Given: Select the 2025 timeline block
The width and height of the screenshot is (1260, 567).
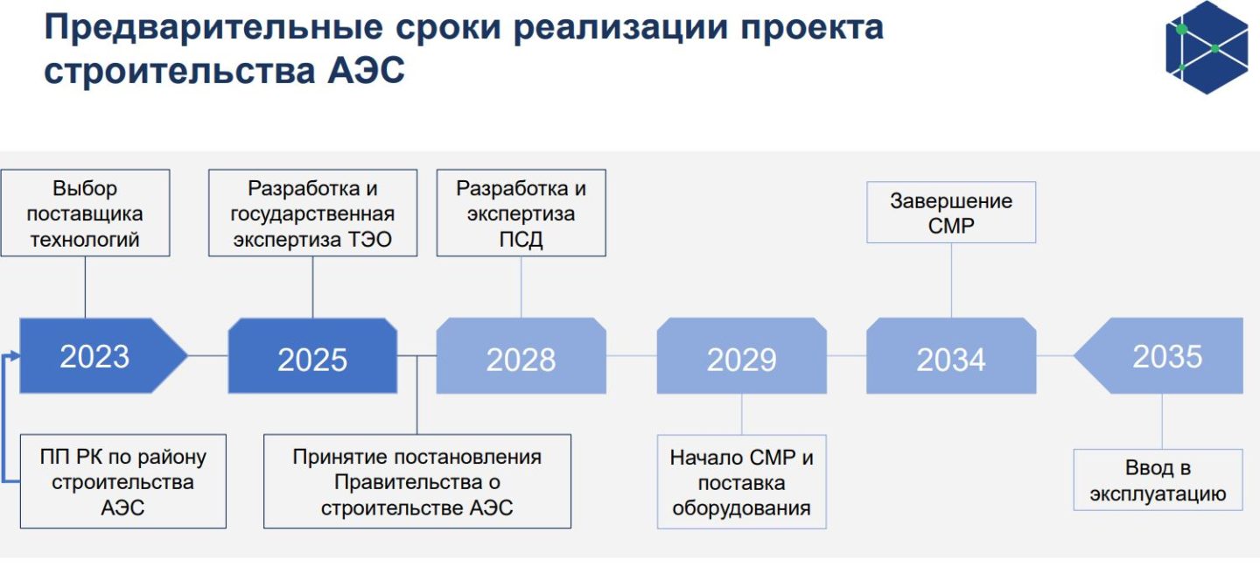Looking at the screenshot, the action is click(312, 355).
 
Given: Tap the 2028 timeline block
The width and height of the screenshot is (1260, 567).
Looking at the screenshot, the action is click(521, 355).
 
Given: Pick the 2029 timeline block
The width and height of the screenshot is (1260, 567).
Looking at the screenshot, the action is click(742, 355).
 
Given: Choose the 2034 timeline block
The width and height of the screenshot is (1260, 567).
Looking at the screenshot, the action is click(951, 355).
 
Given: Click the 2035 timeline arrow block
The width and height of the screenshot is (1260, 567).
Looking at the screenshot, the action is click(1158, 355).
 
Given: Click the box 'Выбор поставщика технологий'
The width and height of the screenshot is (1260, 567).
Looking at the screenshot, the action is click(86, 213).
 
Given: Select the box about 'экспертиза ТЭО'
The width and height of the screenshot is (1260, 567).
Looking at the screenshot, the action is click(312, 213).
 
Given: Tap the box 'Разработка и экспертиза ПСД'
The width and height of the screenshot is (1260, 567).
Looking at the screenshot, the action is click(521, 213).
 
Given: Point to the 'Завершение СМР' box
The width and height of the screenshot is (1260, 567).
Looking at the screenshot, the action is click(951, 213).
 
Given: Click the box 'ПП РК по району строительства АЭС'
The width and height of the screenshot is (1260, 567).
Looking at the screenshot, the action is click(123, 481).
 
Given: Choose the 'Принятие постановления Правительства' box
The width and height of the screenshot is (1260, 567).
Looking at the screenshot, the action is click(417, 481).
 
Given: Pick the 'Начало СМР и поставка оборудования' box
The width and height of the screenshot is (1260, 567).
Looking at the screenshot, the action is click(742, 482).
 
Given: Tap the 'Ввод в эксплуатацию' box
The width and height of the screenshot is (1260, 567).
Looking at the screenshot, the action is click(1158, 479).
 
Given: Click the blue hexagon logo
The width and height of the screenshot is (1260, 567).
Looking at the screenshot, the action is click(1207, 47).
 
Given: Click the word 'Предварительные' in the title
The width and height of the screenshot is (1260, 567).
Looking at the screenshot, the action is click(213, 27).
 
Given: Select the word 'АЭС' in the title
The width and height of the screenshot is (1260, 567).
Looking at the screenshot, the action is click(366, 71).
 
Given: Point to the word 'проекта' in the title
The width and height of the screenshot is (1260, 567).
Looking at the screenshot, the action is click(812, 29).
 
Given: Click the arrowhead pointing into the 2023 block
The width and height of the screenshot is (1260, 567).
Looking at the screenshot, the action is click(13, 355).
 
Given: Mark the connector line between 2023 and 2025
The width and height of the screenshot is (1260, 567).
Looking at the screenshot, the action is click(208, 355).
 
